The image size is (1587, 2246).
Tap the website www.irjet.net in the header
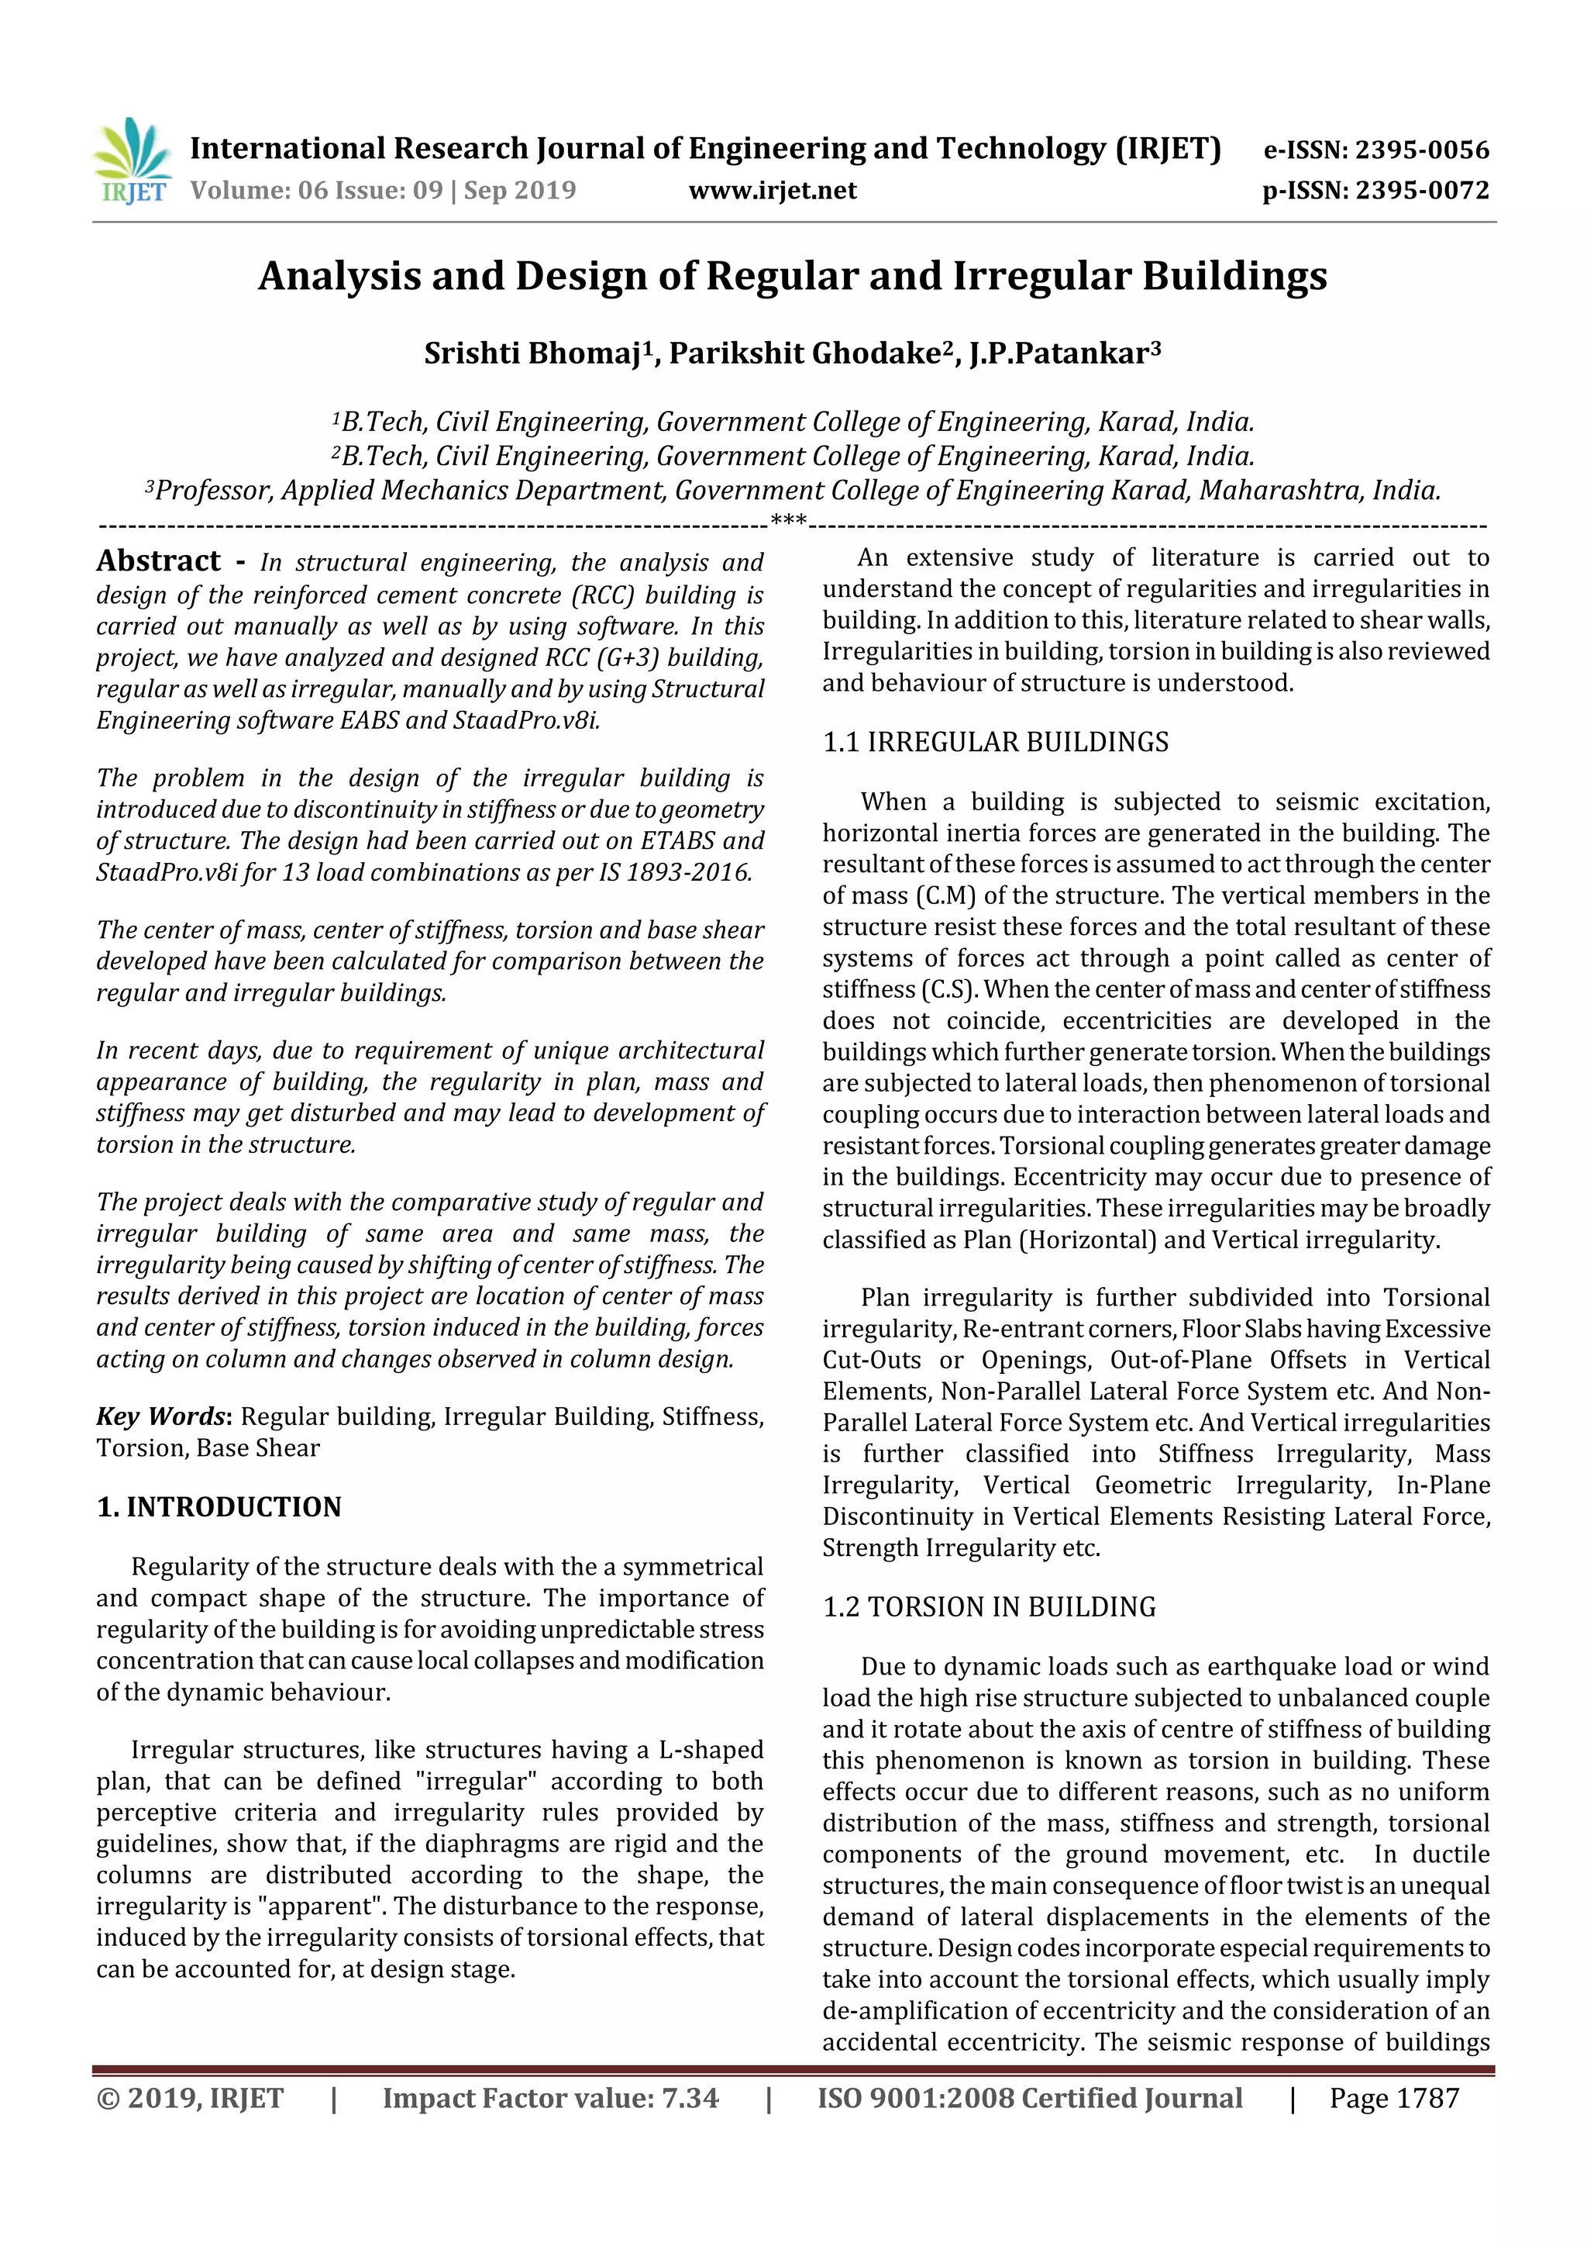click(x=773, y=190)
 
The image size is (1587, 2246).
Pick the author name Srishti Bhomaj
click(x=533, y=353)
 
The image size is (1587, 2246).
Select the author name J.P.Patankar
click(x=1059, y=353)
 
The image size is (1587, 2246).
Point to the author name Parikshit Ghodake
click(x=805, y=353)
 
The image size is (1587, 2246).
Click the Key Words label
click(x=161, y=1416)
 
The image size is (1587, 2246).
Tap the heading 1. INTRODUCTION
click(x=219, y=1506)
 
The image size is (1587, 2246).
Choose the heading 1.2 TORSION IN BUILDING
click(x=989, y=1606)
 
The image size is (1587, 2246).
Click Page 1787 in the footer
click(x=1393, y=2097)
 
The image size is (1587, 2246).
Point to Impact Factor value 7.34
click(x=550, y=2097)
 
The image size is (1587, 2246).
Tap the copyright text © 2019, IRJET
click(x=190, y=2097)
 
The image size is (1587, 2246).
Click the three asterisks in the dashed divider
click(x=788, y=519)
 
